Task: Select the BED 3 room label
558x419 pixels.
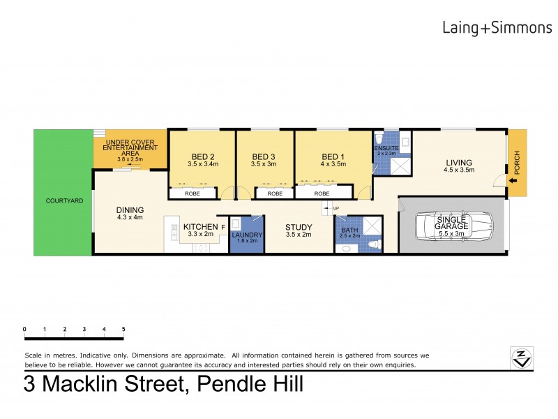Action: [264, 156]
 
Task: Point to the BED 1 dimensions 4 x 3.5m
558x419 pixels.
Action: [331, 164]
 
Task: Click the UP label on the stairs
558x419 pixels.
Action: [336, 209]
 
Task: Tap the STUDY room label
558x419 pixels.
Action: [298, 227]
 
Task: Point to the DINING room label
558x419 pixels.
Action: [130, 209]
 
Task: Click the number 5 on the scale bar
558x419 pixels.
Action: [123, 328]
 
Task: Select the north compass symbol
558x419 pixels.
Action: [522, 356]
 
